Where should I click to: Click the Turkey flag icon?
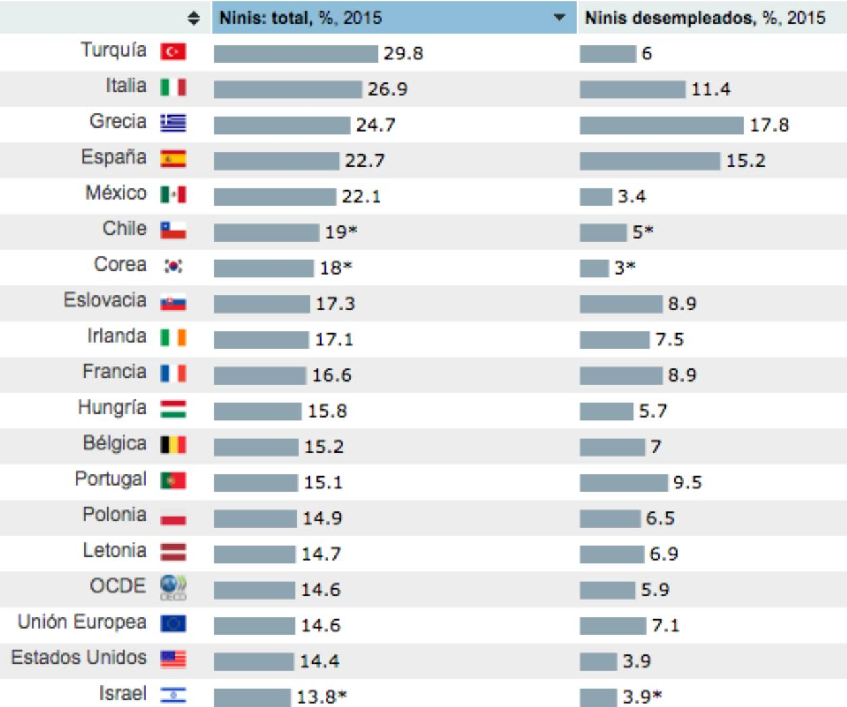(x=173, y=52)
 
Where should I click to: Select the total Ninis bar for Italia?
(x=288, y=89)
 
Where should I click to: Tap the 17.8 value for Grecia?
(x=769, y=125)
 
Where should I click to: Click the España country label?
(x=113, y=157)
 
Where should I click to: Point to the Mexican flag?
(x=173, y=195)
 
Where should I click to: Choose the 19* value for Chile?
(x=341, y=232)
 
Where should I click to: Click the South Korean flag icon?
(x=173, y=266)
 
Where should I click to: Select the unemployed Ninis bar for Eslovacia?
(x=620, y=304)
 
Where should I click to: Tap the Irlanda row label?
(x=116, y=336)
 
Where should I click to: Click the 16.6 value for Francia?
(x=331, y=375)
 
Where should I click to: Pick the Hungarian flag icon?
(x=173, y=409)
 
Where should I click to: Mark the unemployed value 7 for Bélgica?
(x=655, y=447)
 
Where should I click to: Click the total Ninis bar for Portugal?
(x=256, y=482)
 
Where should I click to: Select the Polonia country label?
(x=114, y=515)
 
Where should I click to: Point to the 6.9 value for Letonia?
(x=664, y=554)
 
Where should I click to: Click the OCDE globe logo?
(x=173, y=587)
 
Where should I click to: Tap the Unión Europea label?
(x=82, y=622)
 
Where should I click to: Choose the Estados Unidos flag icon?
(x=173, y=658)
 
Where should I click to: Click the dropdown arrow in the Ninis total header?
(x=559, y=18)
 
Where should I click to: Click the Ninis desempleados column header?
(x=705, y=18)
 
